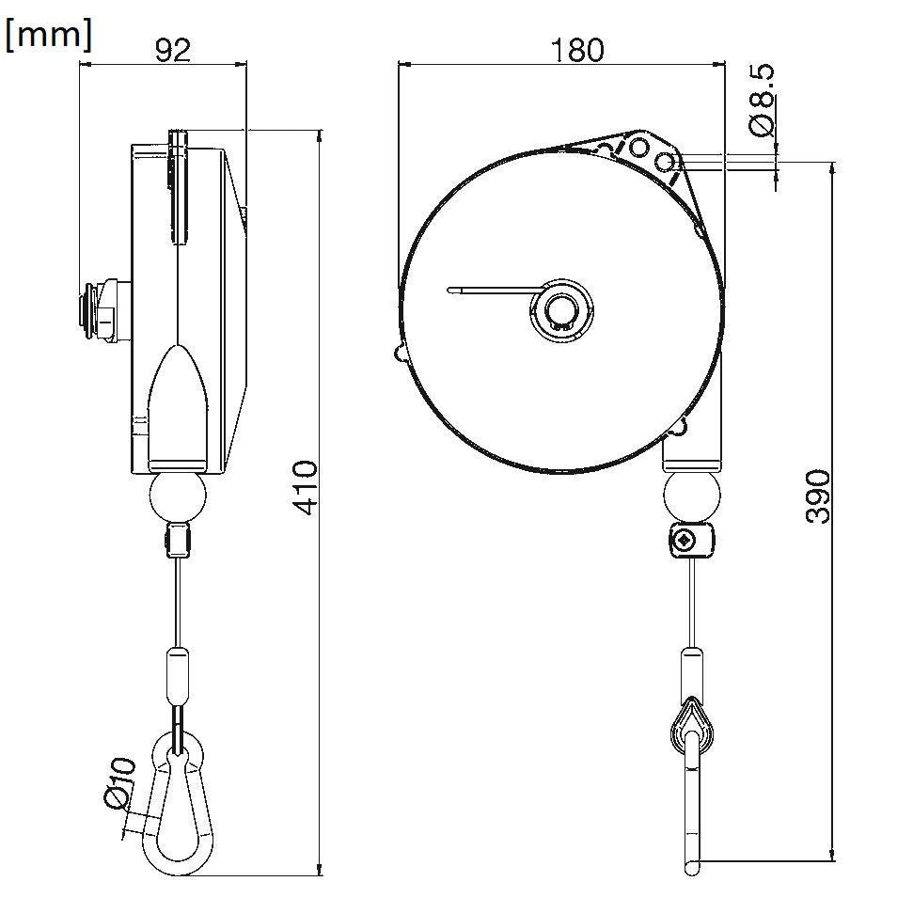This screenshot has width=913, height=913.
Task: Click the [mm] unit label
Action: (x=49, y=35)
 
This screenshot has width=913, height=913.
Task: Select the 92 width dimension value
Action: (x=172, y=50)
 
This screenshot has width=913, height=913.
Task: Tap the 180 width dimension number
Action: (x=577, y=50)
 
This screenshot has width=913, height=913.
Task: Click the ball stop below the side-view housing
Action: (x=178, y=498)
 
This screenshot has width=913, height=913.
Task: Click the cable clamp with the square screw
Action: (x=692, y=542)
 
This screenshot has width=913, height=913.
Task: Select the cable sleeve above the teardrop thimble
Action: (x=692, y=671)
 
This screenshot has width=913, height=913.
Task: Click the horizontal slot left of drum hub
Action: (x=489, y=290)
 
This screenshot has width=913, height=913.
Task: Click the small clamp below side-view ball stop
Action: (x=177, y=542)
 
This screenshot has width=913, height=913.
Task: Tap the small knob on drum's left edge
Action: (x=399, y=353)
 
